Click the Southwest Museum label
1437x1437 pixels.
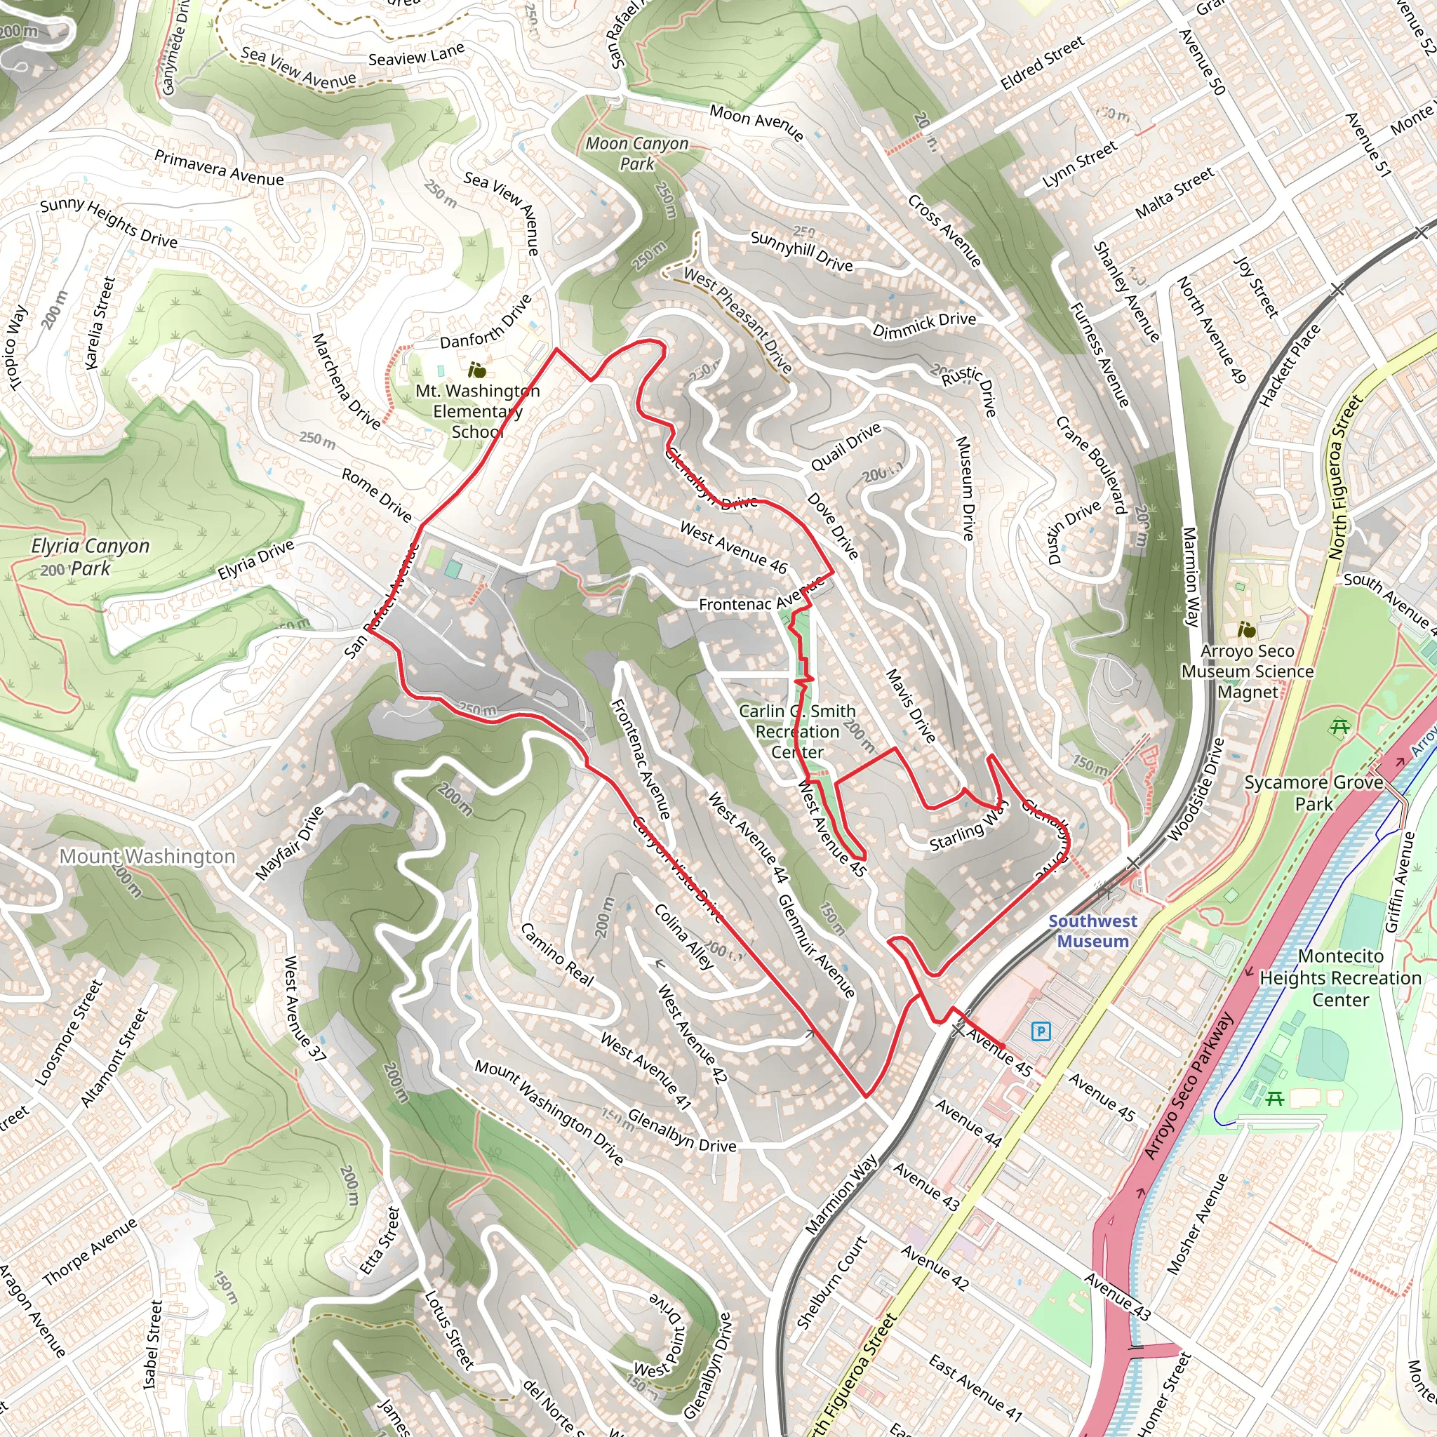click(x=1092, y=930)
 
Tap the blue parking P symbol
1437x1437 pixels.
click(x=1041, y=1031)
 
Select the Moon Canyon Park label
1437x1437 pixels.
click(x=636, y=153)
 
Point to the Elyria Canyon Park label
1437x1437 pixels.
click(x=90, y=556)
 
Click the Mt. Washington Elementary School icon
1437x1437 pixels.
click(x=476, y=370)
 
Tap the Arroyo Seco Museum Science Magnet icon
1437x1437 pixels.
click(x=1247, y=630)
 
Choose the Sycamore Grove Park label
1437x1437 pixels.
click(x=1314, y=793)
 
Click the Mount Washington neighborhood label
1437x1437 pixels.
click(x=147, y=856)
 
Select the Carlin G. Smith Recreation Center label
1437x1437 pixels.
click(x=796, y=731)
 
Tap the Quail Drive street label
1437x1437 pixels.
click(x=846, y=447)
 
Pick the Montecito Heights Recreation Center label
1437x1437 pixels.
click(x=1339, y=977)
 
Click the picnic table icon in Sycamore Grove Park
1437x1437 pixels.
click(x=1339, y=726)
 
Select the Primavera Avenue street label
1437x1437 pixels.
click(x=219, y=168)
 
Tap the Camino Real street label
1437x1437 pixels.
click(x=556, y=954)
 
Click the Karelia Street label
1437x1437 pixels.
click(x=100, y=323)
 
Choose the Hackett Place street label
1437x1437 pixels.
click(x=1289, y=365)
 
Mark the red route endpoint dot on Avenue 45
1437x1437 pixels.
click(x=1002, y=1045)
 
